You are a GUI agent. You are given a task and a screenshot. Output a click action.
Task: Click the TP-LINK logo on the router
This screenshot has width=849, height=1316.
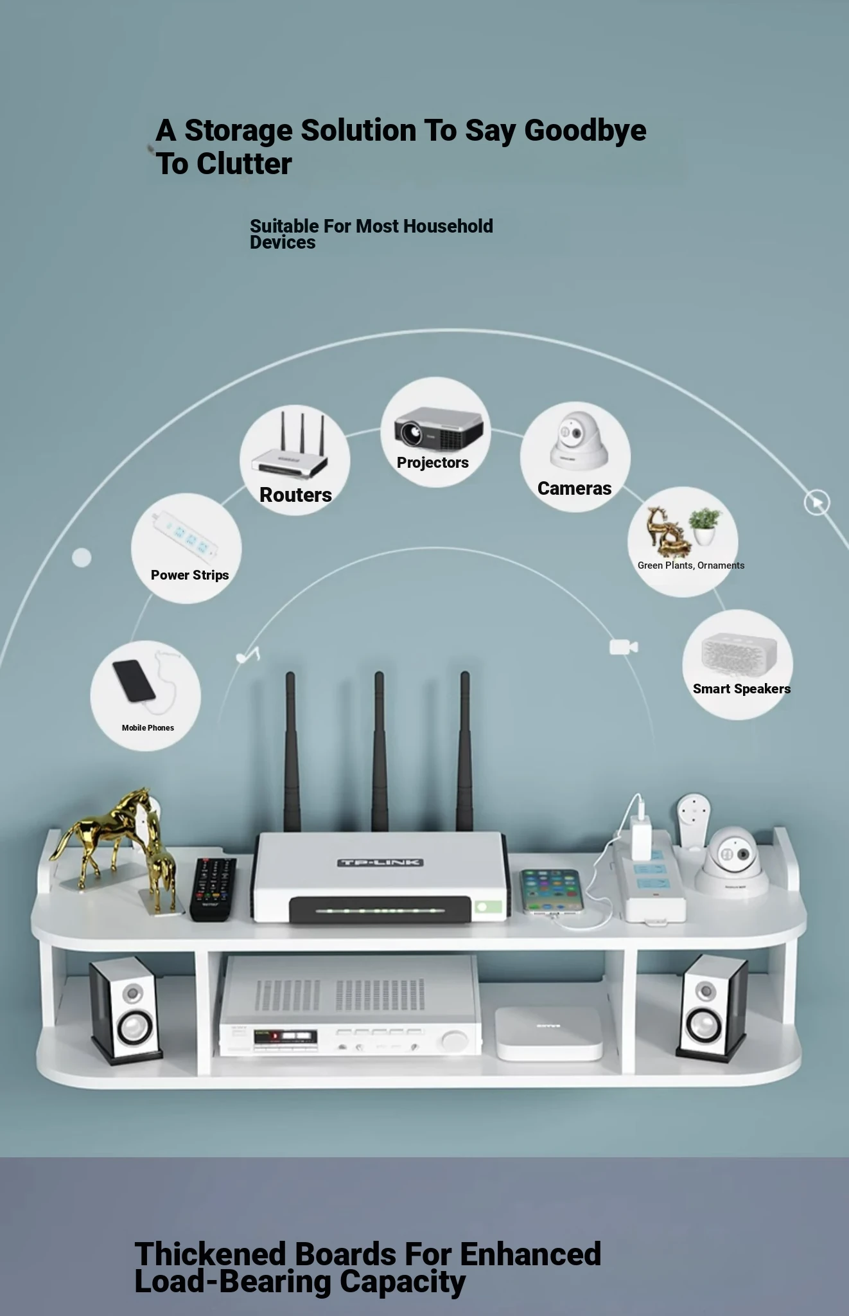click(x=380, y=862)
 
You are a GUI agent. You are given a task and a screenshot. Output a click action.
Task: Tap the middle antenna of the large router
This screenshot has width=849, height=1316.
click(x=380, y=752)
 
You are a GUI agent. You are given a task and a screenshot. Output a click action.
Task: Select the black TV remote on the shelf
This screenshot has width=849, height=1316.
click(x=213, y=889)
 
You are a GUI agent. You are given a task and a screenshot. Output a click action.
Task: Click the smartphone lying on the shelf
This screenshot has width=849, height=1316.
click(x=550, y=891)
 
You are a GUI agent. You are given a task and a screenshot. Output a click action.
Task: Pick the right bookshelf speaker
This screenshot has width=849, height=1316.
click(x=712, y=1007)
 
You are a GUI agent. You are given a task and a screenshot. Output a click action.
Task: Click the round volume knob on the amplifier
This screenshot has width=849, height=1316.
click(x=455, y=1040)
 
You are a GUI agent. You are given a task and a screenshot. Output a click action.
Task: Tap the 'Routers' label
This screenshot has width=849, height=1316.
click(x=295, y=495)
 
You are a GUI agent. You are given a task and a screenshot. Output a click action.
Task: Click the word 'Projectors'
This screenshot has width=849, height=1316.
click(x=433, y=463)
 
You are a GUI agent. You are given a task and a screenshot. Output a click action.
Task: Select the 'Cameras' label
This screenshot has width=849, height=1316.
click(x=574, y=488)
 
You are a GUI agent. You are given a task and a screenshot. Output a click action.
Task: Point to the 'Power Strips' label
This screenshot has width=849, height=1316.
click(x=190, y=575)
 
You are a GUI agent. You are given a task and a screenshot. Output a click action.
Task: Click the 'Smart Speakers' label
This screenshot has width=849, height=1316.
click(x=742, y=689)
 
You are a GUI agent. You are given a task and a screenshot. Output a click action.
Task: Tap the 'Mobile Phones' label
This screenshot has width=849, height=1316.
click(x=148, y=727)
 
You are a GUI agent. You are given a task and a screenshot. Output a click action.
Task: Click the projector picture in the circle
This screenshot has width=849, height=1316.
click(x=439, y=427)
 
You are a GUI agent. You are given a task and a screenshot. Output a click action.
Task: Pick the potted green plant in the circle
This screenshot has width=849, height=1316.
click(x=705, y=527)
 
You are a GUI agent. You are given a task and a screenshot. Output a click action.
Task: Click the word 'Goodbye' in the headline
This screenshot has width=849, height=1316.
click(x=586, y=131)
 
